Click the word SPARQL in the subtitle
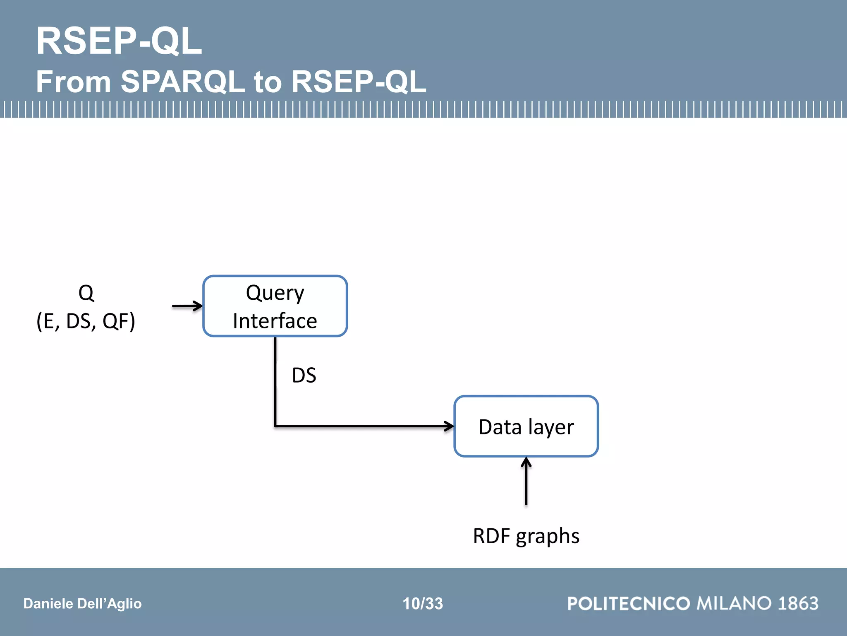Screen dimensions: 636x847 point(182,81)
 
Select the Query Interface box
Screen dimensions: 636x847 point(275,306)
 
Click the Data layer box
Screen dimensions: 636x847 point(526,426)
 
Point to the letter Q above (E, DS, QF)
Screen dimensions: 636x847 point(86,293)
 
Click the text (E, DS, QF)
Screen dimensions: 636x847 point(86,321)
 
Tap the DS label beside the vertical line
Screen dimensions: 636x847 point(304,375)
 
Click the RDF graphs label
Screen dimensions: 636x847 point(526,536)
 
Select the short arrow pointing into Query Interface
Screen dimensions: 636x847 point(187,306)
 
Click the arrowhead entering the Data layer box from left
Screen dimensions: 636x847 point(449,426)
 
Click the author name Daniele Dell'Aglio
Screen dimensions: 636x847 point(82,604)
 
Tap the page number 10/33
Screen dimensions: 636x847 point(423,604)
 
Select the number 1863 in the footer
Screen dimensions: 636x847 point(798,604)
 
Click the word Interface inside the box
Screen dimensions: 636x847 point(275,321)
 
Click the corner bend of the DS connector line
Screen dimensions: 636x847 point(275,426)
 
